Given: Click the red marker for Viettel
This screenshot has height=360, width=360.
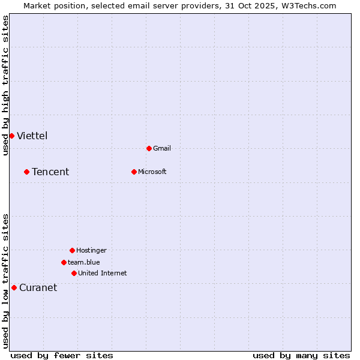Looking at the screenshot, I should [11, 136].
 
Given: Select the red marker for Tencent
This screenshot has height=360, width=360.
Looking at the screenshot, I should [26, 172].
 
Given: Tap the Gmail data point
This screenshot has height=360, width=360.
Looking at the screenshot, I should [149, 148].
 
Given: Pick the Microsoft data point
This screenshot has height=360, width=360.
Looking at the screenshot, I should [134, 172].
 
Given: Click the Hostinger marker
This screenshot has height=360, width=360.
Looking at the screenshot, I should [72, 250].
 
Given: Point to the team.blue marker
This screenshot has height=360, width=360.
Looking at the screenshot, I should [64, 262].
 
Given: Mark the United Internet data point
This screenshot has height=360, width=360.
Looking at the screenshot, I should [74, 273].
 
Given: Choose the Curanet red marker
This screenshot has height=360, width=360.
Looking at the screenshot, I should [14, 287].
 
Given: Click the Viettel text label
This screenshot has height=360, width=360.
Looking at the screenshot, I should [32, 136].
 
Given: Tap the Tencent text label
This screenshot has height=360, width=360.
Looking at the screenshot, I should [50, 172].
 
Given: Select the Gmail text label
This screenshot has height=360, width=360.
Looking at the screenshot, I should [162, 149].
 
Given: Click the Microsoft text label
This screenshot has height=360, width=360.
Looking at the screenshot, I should [152, 172].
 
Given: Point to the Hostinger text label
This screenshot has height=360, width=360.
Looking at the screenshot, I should [91, 251].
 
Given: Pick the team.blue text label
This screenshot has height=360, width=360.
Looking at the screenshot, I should [83, 263].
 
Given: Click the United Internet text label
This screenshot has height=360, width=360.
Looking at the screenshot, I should [102, 274].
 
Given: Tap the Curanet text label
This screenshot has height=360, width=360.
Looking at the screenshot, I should [38, 288].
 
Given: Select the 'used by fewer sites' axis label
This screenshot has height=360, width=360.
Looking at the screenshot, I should [62, 355].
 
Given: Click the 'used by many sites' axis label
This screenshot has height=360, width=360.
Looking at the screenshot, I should [301, 355].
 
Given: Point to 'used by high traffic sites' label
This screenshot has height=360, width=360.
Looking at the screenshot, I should [5, 85].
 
